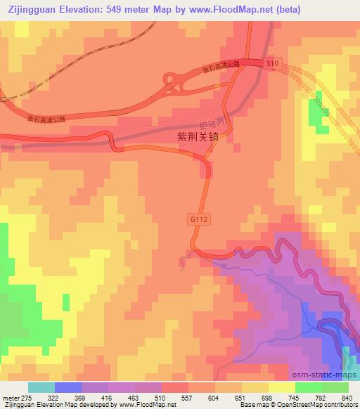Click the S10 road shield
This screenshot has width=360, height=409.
(x=273, y=64)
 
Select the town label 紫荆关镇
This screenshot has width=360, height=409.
(x=200, y=138)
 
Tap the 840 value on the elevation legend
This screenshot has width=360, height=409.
(x=346, y=397)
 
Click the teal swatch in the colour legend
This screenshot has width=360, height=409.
(x=41, y=387)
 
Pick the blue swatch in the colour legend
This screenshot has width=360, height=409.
(x=68, y=387)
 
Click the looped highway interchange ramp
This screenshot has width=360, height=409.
(x=174, y=84)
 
